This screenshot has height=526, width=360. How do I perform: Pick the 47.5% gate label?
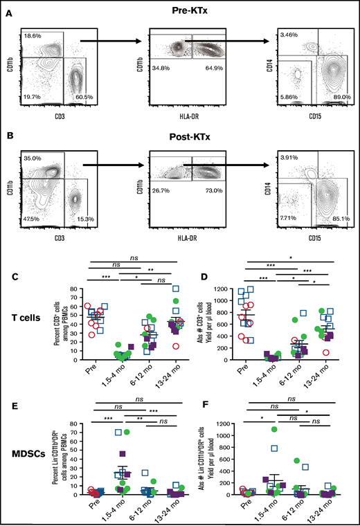tap(33, 220)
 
